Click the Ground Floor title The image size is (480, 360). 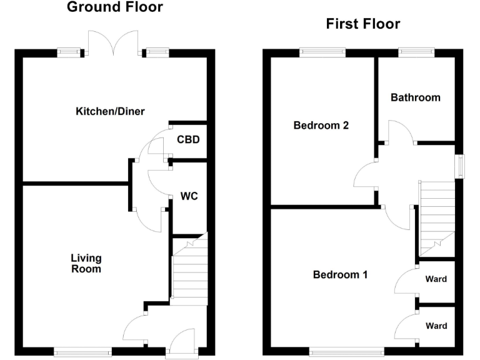pyautogui.click(x=115, y=7)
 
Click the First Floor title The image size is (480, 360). pyautogui.click(x=363, y=24)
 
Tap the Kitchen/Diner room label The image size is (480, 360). pyautogui.click(x=110, y=111)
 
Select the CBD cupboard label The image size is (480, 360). pyautogui.click(x=188, y=139)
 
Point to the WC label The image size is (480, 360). pyautogui.click(x=189, y=196)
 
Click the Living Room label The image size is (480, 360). pyautogui.click(x=86, y=263)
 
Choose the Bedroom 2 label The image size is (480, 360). pyautogui.click(x=321, y=125)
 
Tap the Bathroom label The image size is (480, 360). pyautogui.click(x=416, y=97)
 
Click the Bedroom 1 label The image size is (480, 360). pyautogui.click(x=340, y=274)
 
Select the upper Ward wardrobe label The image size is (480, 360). pyautogui.click(x=436, y=279)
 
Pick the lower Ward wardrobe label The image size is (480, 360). pyautogui.click(x=436, y=326)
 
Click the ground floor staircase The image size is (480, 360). pyautogui.click(x=190, y=269)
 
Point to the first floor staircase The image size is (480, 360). pyautogui.click(x=437, y=219)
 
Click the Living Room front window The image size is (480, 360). pyautogui.click(x=83, y=351)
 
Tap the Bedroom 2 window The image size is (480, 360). pyautogui.click(x=322, y=52)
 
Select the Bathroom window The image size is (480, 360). pyautogui.click(x=416, y=52)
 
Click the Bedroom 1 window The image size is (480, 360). pyautogui.click(x=347, y=351)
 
